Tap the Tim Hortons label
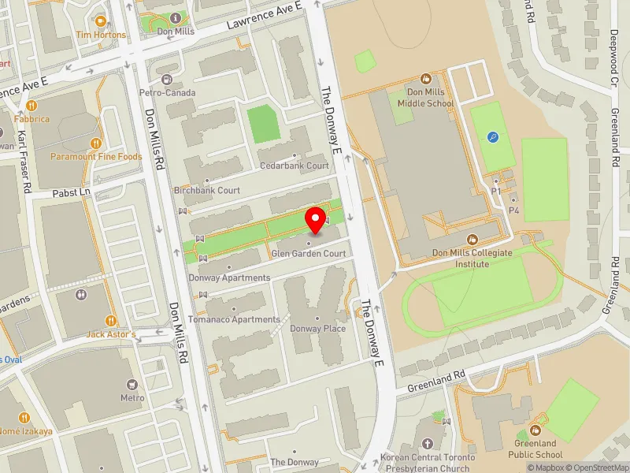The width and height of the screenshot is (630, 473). coord(101,35)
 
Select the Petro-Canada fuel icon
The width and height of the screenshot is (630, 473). coord(167,80)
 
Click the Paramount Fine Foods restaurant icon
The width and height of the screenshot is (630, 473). coord(96,143)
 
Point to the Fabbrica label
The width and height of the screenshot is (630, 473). coord(31,119)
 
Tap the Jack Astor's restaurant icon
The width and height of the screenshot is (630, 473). coord(111,322)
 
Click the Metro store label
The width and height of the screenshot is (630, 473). coord(132,397)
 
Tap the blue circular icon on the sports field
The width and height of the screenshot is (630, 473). coord(494,137)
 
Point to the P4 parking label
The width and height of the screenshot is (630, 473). coord(513,210)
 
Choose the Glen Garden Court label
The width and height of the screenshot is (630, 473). coord(308,254)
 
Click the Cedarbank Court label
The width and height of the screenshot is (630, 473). coord(295,166)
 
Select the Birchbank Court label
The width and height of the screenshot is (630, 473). coord(206,191)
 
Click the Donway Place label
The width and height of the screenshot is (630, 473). coord(317,329)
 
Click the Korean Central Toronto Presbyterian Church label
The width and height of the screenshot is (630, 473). coord(428,462)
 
